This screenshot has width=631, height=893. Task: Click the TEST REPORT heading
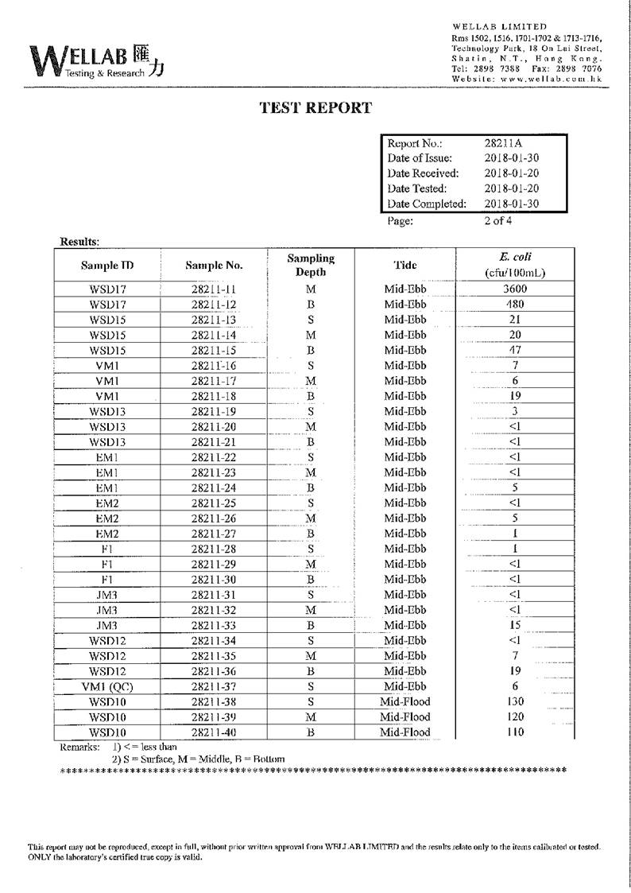point(315,108)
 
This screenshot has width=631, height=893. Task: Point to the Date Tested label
point(417,188)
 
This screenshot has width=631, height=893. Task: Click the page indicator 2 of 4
point(498,221)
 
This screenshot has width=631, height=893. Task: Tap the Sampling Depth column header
point(311,265)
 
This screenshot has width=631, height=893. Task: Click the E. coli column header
point(516,264)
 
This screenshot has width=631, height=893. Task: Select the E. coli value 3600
point(515,289)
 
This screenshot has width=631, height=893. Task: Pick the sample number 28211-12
point(214,305)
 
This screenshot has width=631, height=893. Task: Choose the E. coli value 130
point(515,701)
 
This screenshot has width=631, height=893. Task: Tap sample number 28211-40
point(214,732)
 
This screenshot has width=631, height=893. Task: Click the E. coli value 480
point(515,305)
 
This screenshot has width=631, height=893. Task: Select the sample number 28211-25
point(214,503)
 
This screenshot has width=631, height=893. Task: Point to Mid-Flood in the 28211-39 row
point(405,717)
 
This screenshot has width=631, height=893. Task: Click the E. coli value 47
point(515,351)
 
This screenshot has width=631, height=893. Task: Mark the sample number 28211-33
point(214,626)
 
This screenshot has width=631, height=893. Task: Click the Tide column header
point(405,265)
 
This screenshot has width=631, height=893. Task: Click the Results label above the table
point(79,241)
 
